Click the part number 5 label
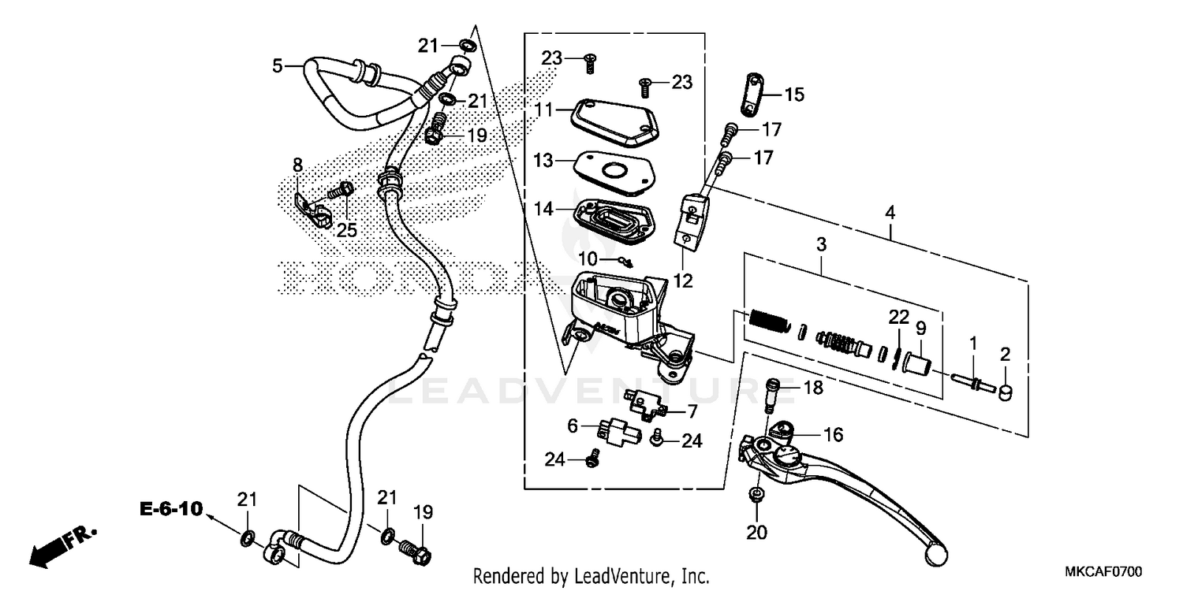pyautogui.click(x=277, y=66)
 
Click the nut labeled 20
pyautogui.click(x=756, y=496)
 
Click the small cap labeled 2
pyautogui.click(x=1006, y=391)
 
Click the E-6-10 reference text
pyautogui.click(x=172, y=510)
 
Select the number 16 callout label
pyautogui.click(x=833, y=434)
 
